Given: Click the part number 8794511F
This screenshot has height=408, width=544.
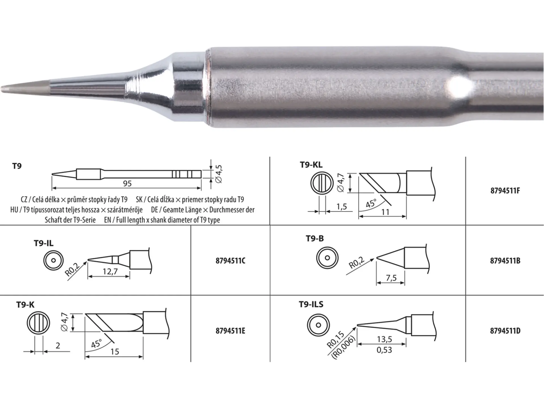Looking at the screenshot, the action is click(x=505, y=190).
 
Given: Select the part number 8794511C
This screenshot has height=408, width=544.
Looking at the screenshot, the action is click(x=230, y=261).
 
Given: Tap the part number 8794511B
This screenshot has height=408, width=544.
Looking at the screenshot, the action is click(x=505, y=261).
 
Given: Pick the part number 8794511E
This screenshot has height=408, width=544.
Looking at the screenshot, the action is click(x=230, y=331).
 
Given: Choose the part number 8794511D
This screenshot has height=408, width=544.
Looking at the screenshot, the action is click(x=505, y=331).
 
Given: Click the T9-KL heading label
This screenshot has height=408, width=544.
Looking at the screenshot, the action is click(x=311, y=165).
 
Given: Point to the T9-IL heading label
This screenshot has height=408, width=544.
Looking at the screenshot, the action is click(x=44, y=243).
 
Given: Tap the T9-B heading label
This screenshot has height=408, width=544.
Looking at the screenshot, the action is click(x=314, y=239).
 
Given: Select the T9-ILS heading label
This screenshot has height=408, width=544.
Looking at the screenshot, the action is click(x=311, y=304).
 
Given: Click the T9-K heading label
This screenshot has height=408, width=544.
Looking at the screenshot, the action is click(x=25, y=305).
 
